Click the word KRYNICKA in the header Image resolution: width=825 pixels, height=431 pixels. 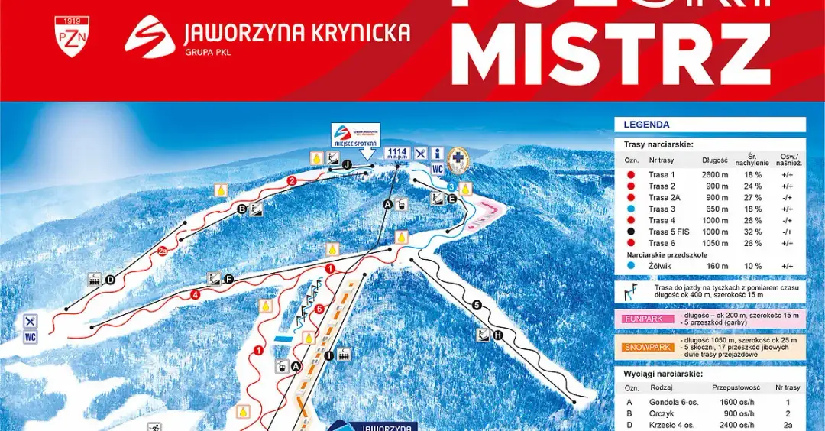pos(361,33)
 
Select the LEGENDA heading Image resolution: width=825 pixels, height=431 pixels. pos(646,125)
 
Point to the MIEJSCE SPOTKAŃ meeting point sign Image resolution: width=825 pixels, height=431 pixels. pos(355,135)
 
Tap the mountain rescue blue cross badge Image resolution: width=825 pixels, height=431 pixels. pos(458,159)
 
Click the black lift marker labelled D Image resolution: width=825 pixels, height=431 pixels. pos(110,280)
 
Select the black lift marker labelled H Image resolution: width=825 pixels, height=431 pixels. pos(498,335)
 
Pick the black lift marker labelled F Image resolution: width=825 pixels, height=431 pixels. pos(228,279)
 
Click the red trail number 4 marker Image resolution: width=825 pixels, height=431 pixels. pos(196,293)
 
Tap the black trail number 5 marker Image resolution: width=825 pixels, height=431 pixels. pos(477,306)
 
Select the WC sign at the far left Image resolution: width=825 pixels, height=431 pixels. pos(31,337)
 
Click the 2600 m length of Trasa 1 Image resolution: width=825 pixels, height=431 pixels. pos(714,175)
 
